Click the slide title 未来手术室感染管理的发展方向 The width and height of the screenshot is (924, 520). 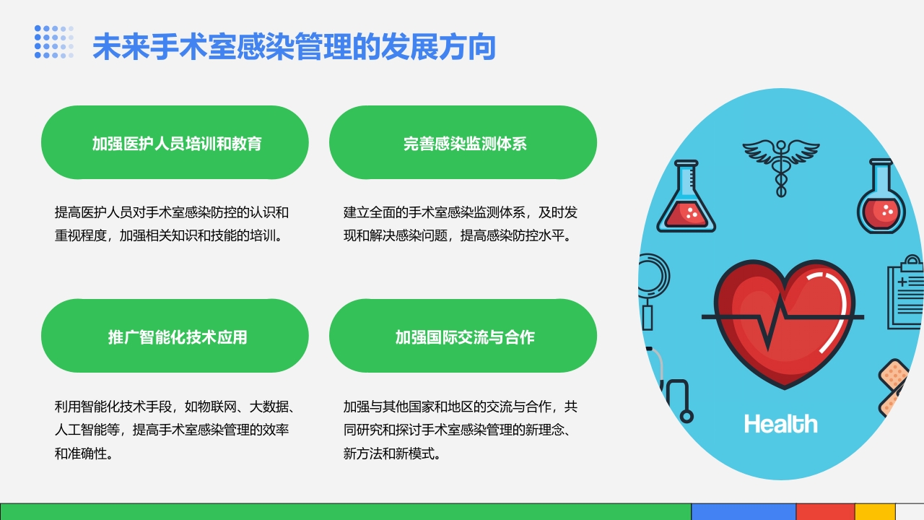[x=294, y=48]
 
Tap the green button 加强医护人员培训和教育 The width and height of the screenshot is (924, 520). [x=175, y=143]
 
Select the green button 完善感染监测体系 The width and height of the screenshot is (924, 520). [x=463, y=143]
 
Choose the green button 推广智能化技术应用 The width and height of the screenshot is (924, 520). [x=175, y=337]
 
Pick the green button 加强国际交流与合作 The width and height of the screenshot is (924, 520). [x=463, y=337]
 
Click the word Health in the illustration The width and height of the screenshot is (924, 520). [x=780, y=424]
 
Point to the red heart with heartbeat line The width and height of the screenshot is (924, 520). [x=783, y=322]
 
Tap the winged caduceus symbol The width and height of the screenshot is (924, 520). [x=780, y=162]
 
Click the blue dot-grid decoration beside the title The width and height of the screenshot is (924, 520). [x=54, y=42]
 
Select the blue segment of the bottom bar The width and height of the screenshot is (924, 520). [x=743, y=511]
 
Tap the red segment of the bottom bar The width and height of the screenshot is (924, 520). [x=824, y=511]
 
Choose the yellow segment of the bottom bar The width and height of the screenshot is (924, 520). [x=875, y=511]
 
